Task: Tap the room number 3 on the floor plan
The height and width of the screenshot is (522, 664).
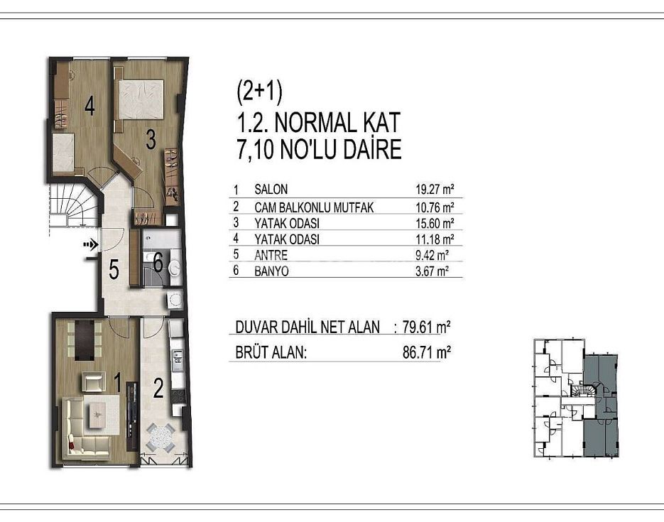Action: pos(151,140)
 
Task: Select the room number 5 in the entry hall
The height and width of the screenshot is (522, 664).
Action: pos(114,269)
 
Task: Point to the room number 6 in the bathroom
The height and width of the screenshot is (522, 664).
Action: pos(158,263)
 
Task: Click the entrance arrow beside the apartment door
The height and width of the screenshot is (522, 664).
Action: pos(91,244)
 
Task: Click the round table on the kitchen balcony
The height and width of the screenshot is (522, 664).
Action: pos(160,437)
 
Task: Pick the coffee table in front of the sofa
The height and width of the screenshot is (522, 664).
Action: pos(99,415)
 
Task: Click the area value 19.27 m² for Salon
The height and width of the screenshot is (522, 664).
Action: pos(435,189)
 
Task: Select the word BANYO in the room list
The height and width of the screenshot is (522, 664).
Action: pos(271,271)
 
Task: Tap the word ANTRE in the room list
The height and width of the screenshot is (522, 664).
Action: pos(271,255)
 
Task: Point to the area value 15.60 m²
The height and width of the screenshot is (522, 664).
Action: pos(435,223)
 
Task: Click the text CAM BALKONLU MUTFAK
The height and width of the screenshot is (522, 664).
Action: pos(314,207)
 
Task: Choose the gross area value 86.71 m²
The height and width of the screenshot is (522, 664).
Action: pos(426,352)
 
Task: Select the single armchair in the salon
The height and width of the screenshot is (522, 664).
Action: pos(93,381)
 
